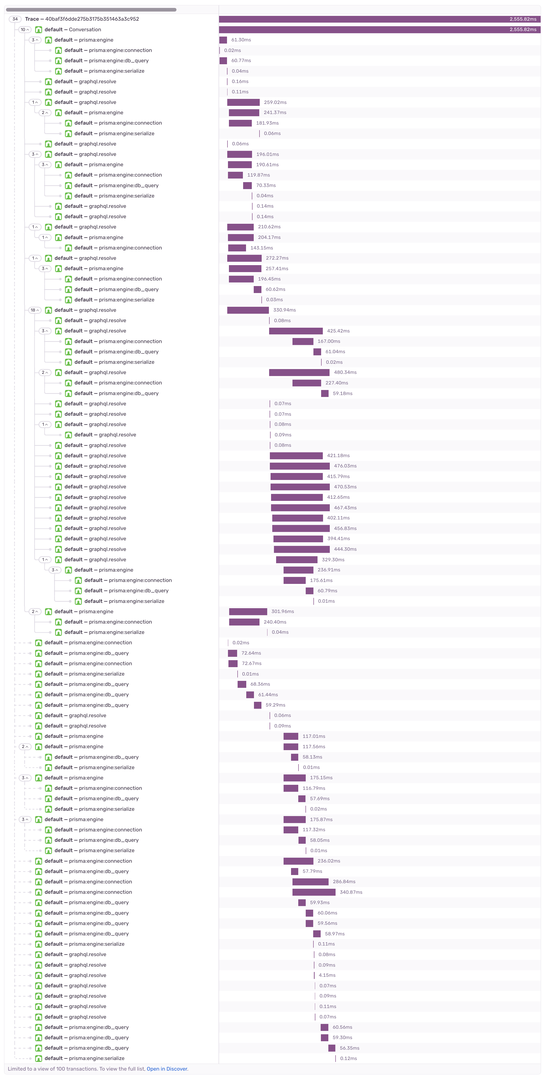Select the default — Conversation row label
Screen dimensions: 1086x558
72,30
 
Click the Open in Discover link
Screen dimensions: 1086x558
167,1069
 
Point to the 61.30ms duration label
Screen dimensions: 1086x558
241,40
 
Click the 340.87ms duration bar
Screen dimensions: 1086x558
314,892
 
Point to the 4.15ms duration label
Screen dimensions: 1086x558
327,975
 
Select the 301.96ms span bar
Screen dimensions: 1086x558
248,611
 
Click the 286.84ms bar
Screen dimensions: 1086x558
311,882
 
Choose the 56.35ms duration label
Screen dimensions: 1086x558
349,1048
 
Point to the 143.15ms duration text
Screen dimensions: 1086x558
261,248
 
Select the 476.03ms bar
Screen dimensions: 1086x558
299,466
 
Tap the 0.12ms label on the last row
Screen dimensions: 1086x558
348,1058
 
